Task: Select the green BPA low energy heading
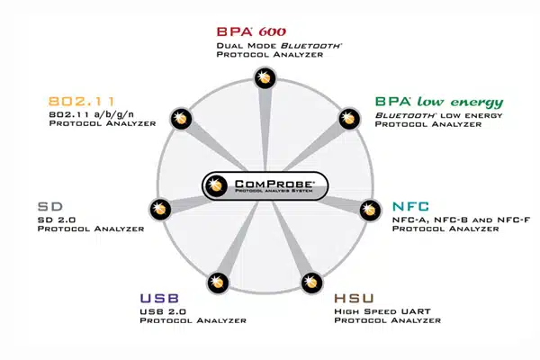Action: coord(439,102)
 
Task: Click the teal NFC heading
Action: coord(411,204)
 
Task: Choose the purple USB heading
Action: coord(159,298)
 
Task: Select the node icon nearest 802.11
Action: coord(180,119)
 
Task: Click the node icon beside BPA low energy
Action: coord(348,119)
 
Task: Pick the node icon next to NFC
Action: coord(369,209)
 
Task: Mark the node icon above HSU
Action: coord(310,281)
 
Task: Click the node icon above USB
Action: coord(217,281)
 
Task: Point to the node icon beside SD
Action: coord(159,209)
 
